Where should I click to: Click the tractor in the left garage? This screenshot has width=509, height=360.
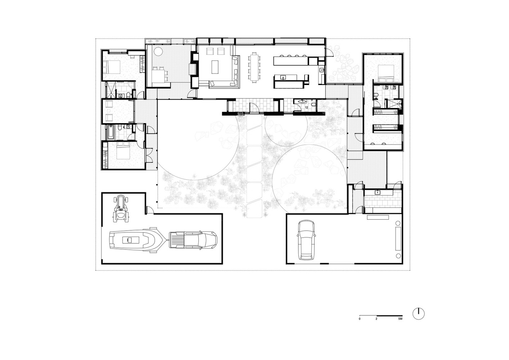pyautogui.click(x=121, y=209)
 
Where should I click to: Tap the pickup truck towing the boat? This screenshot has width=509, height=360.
pyautogui.click(x=193, y=240)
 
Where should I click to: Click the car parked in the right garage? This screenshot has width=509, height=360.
pyautogui.click(x=307, y=240)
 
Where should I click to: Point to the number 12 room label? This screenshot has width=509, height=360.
pyautogui.click(x=307, y=108)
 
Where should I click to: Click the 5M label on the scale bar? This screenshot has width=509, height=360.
pyautogui.click(x=400, y=319)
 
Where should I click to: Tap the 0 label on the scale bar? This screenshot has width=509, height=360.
pyautogui.click(x=360, y=319)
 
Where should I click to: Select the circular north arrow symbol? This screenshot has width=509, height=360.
pyautogui.click(x=419, y=314)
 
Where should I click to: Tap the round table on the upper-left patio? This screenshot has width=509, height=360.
pyautogui.click(x=158, y=51)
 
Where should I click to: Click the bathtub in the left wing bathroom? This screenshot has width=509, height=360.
pyautogui.click(x=111, y=132)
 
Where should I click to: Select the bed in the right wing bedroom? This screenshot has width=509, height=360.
pyautogui.click(x=386, y=72)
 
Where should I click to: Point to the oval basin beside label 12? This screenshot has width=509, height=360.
pyautogui.click(x=303, y=102)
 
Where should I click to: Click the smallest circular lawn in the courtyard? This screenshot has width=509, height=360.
pyautogui.click(x=286, y=130)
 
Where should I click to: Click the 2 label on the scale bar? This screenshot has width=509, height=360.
pyautogui.click(x=377, y=319)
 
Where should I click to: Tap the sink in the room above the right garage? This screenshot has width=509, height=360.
pyautogui.click(x=378, y=192)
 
